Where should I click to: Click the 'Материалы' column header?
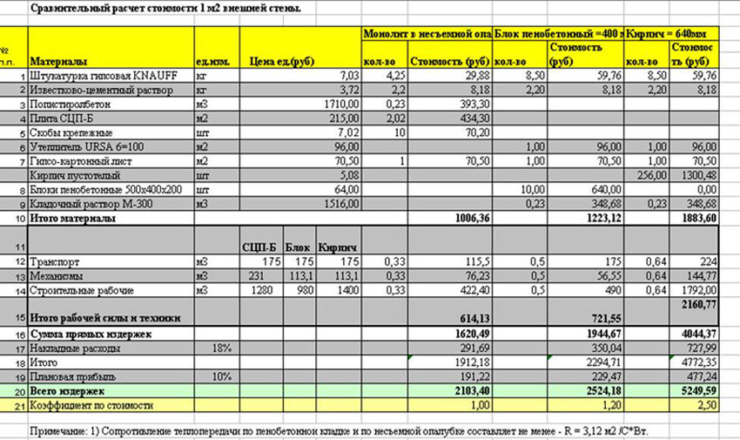(x=58, y=62)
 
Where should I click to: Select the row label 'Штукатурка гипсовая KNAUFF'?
(x=92, y=75)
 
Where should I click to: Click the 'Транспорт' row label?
(x=53, y=261)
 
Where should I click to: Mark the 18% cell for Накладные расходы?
(x=220, y=348)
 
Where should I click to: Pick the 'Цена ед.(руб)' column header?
(x=281, y=62)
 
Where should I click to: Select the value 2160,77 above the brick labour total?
(x=699, y=303)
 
